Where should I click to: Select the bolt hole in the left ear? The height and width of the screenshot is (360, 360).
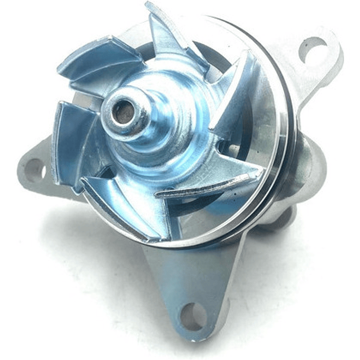(34, 170)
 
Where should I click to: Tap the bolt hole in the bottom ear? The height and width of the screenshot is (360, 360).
(192, 316)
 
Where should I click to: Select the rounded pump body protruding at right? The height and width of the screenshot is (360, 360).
(305, 165)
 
